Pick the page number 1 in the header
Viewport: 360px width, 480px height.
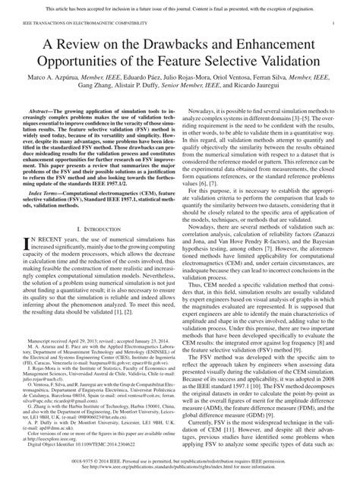[334, 25]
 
